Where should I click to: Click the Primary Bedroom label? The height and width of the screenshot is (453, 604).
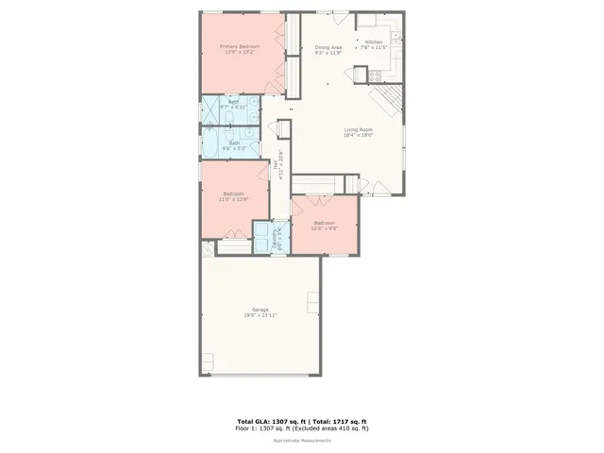tap(240, 46)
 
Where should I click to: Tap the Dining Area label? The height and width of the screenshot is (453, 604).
tap(328, 47)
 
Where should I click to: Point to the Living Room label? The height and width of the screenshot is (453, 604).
tap(359, 129)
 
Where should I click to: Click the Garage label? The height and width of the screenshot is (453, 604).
tap(260, 310)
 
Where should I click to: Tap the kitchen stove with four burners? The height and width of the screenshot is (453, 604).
tap(375, 75)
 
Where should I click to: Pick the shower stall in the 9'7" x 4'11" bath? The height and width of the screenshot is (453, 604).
tap(210, 109)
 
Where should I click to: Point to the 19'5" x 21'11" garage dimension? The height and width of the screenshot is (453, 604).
tap(260, 315)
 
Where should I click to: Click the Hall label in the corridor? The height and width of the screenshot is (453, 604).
tap(276, 163)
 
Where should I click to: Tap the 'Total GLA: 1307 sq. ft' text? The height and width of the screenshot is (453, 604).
tap(266, 421)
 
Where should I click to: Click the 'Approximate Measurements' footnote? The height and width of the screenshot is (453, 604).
tap(301, 441)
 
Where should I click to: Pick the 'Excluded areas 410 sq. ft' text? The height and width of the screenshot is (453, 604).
tap(332, 428)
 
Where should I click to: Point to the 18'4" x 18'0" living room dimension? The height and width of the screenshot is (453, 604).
tap(359, 135)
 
